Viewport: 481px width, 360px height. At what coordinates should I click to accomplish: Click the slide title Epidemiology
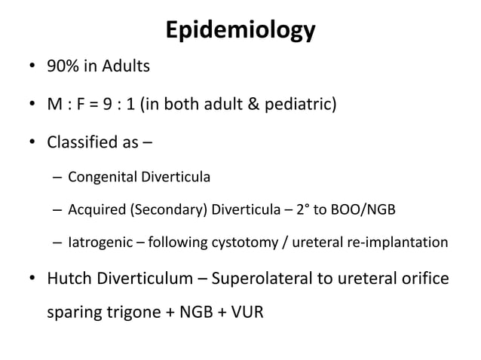tap(240, 31)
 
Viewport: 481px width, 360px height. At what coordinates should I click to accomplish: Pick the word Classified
tap(87, 140)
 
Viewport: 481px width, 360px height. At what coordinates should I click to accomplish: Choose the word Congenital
tap(100, 178)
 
